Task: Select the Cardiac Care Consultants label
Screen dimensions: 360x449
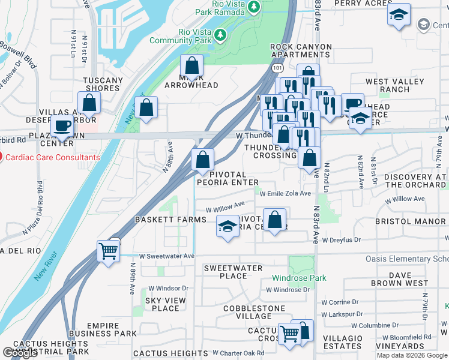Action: [53, 158]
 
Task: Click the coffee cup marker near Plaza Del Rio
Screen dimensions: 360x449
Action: [63, 126]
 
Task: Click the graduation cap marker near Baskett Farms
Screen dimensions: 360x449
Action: [228, 227]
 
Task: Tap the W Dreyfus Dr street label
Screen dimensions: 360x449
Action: [341, 240]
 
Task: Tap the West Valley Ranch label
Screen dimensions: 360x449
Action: [396, 85]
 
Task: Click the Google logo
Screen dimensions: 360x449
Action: [20, 353]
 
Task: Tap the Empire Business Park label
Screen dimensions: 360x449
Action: [103, 329]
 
